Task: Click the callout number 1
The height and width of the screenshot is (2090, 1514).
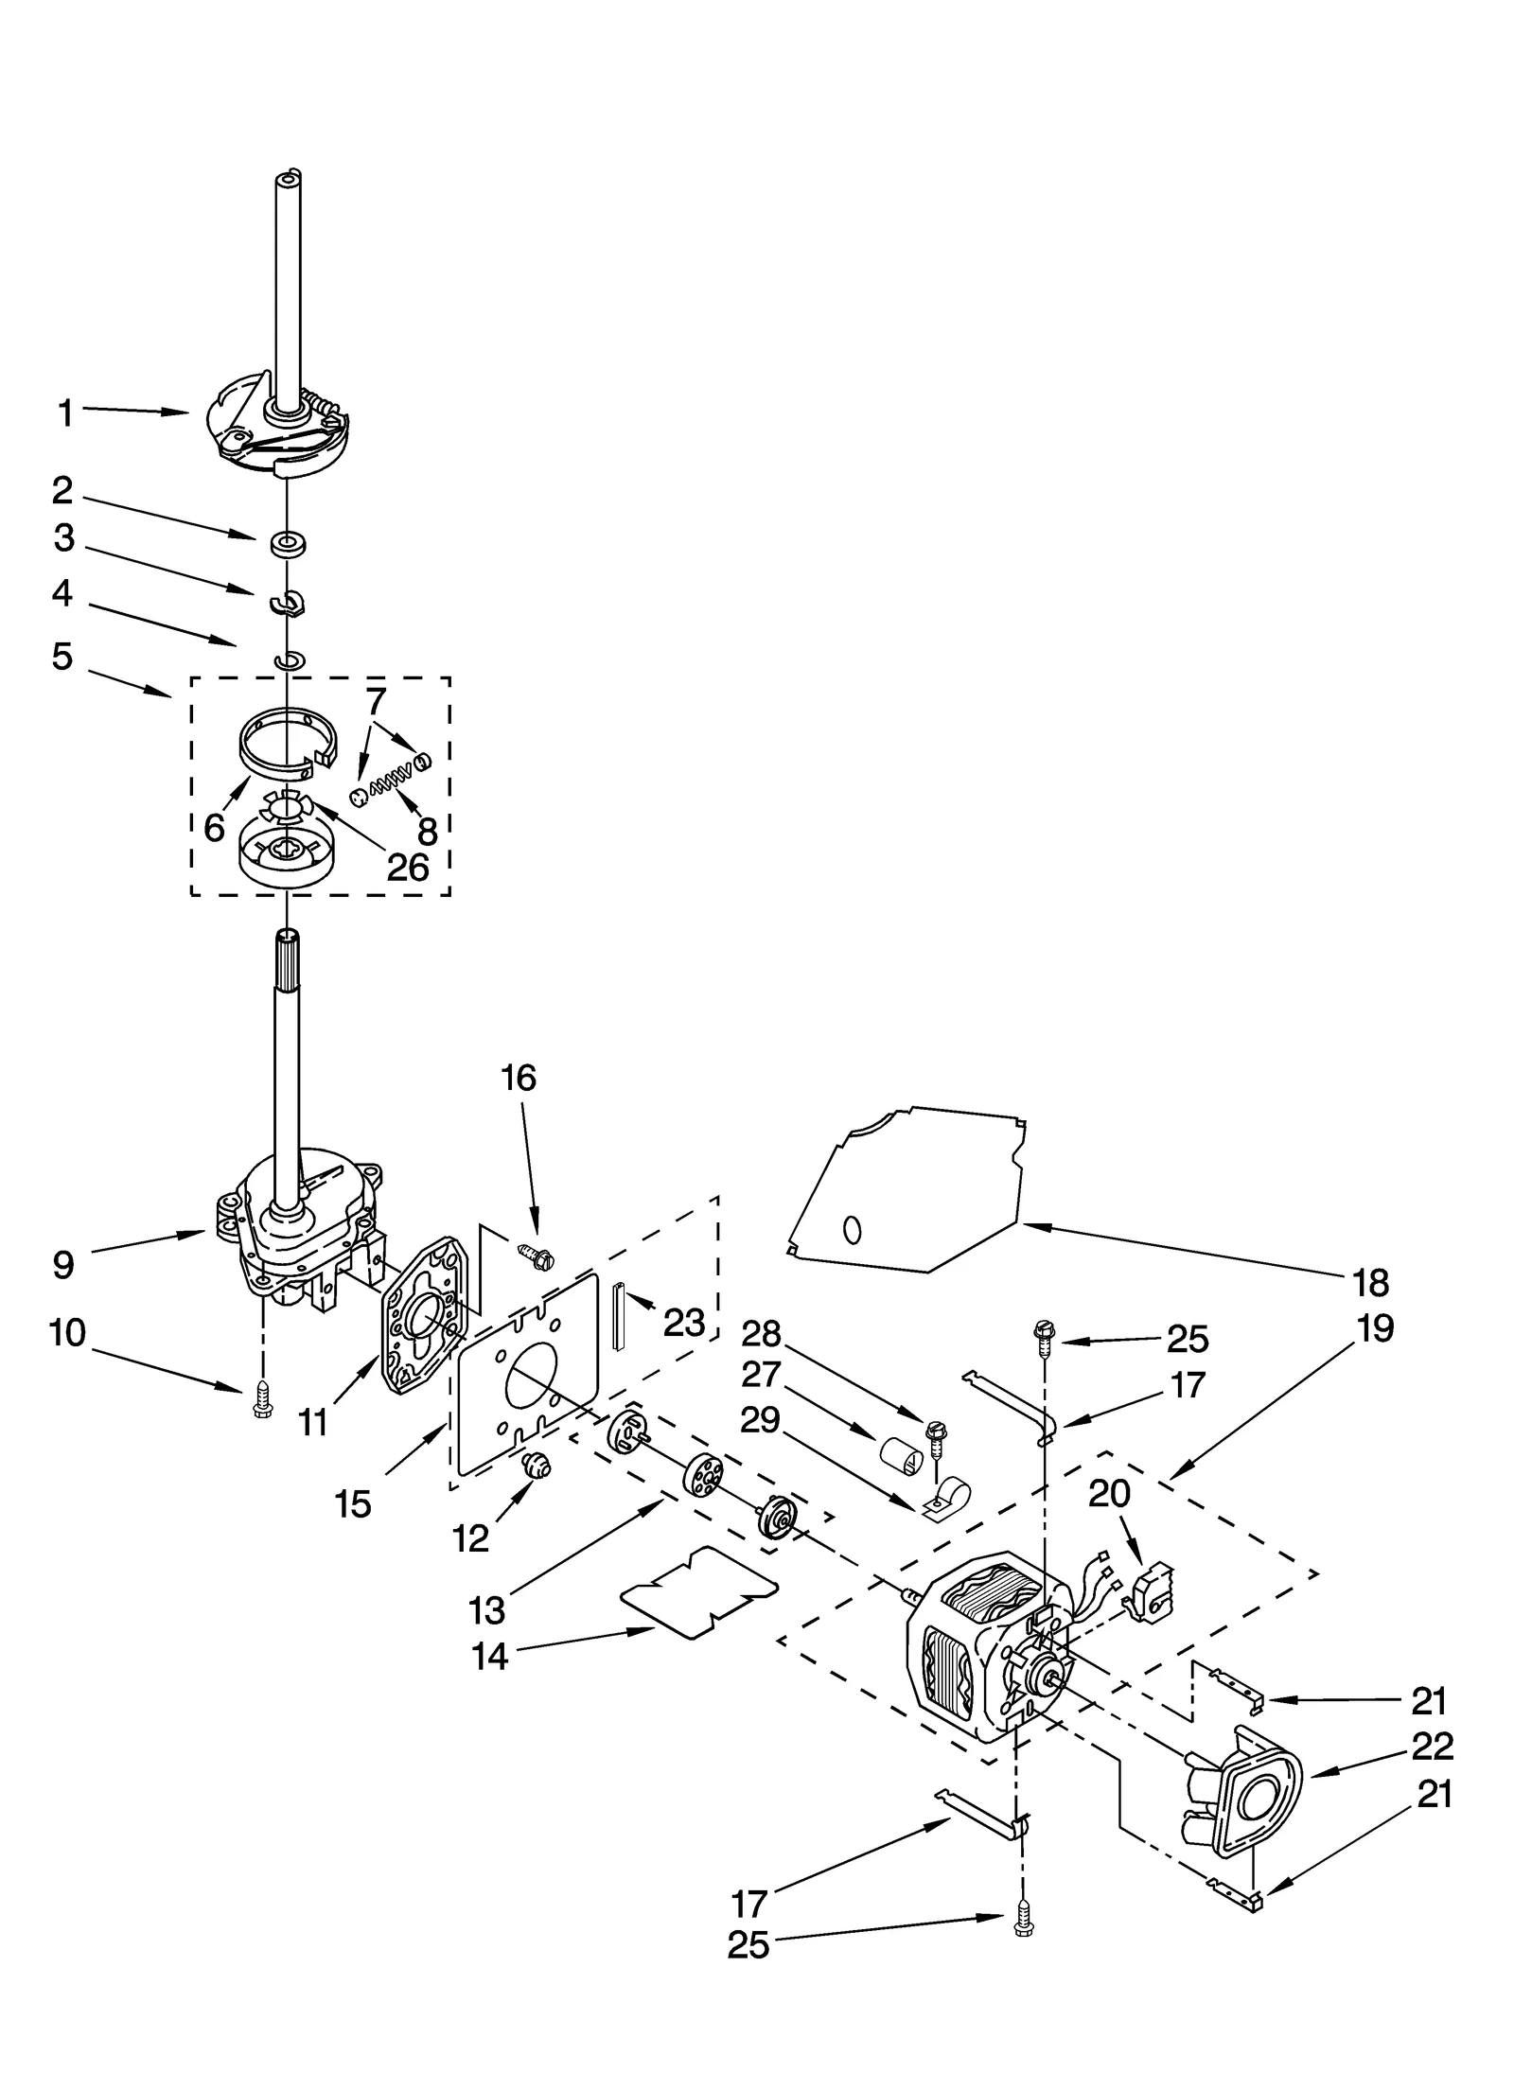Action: [x=64, y=413]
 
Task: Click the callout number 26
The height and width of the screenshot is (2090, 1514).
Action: [x=407, y=867]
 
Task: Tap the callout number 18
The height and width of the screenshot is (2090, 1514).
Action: [x=1370, y=1283]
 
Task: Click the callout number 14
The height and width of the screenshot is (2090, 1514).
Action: [x=489, y=1656]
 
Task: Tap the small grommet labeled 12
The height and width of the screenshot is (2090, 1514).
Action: [x=537, y=1467]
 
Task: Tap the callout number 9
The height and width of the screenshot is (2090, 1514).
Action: [x=63, y=1265]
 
